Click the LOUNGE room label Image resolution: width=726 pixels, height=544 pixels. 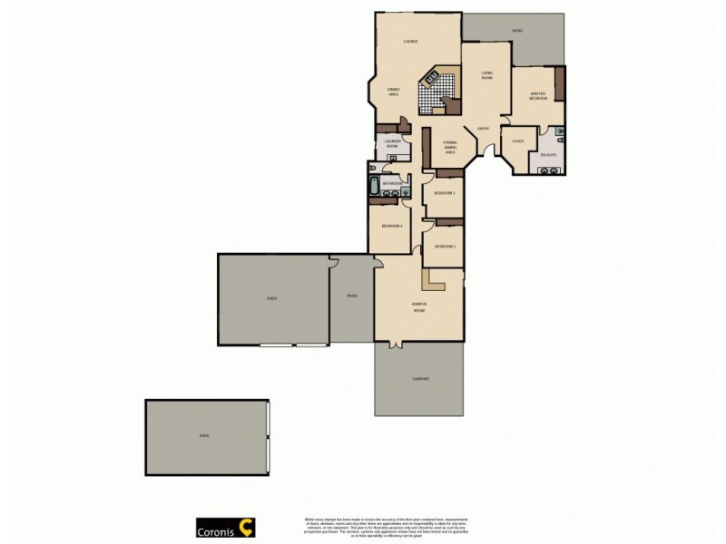tap(409, 43)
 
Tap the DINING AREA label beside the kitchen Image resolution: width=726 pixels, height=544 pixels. tap(394, 91)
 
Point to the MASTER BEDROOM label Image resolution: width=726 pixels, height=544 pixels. tap(536, 95)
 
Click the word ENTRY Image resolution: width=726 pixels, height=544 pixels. tap(483, 129)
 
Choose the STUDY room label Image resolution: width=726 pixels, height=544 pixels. tap(518, 141)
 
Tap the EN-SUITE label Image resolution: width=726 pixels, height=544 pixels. tap(547, 155)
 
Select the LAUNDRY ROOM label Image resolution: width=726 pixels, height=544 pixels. tap(392, 143)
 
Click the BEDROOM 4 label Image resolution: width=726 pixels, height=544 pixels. tap(391, 225)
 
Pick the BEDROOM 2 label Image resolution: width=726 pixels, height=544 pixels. tap(443, 193)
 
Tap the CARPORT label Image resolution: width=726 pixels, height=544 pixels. tap(420, 378)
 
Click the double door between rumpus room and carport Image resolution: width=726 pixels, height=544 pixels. tap(396, 344)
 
